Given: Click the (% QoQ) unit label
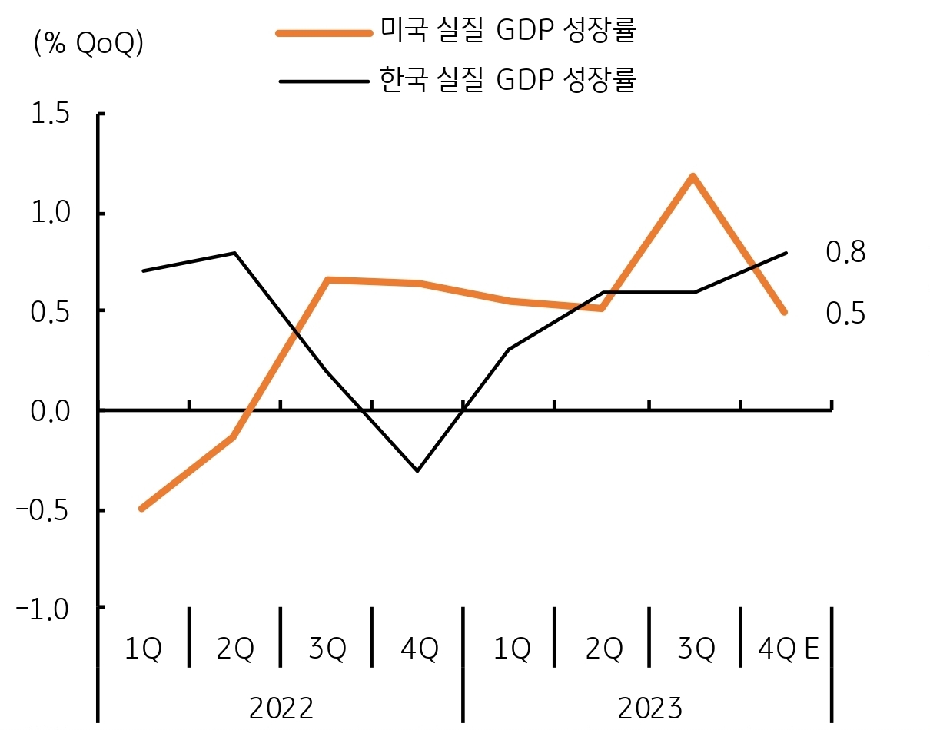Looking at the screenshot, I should [x=88, y=45].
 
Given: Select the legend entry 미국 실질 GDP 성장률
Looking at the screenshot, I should [x=508, y=31].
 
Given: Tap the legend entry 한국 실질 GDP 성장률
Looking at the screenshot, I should [x=508, y=79].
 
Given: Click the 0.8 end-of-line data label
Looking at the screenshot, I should [x=845, y=252].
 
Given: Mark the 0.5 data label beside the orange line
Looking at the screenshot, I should [x=845, y=314].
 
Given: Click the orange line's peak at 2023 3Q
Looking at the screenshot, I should [x=693, y=176].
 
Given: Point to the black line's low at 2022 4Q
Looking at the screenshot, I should [x=417, y=470].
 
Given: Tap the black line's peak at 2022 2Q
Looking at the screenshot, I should [x=234, y=253].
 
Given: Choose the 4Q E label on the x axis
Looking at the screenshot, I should [x=788, y=650].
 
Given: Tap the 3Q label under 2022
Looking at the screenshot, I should [x=327, y=650].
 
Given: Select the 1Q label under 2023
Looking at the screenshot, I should [x=511, y=650].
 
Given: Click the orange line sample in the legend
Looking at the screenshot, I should [x=324, y=32].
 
